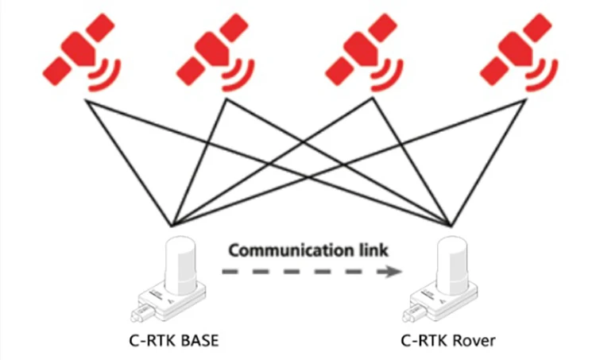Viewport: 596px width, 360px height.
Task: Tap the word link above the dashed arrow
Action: (x=373, y=250)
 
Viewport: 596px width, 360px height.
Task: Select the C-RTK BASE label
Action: (x=174, y=341)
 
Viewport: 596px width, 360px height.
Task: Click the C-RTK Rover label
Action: (x=448, y=341)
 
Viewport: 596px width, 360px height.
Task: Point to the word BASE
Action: (x=199, y=341)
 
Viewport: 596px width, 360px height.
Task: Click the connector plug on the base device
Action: (x=142, y=312)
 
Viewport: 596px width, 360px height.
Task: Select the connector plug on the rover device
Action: (x=414, y=312)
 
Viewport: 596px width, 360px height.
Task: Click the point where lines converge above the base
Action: (x=172, y=226)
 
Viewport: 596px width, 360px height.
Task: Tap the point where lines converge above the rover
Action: (x=451, y=226)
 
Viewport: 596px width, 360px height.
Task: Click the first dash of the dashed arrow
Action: (x=230, y=272)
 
